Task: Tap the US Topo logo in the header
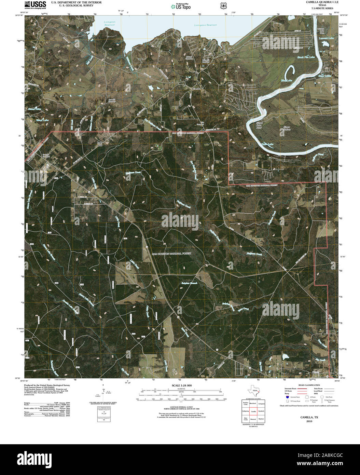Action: pos(181,6)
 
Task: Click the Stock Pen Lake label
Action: pos(305,57)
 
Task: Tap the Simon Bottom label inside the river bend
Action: pos(287,128)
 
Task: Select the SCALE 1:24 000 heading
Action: pos(180,385)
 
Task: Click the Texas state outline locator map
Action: pos(253,390)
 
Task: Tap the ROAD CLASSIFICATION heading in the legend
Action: pos(309,385)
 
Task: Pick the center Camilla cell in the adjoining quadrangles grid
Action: pos(253,411)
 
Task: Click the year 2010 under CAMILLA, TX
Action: pos(309,421)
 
